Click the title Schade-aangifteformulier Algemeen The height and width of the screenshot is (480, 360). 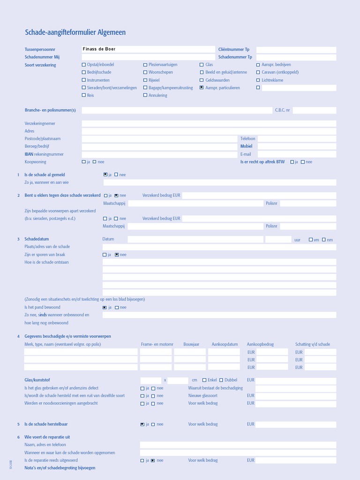(75, 32)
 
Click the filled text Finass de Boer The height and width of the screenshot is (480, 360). (99, 49)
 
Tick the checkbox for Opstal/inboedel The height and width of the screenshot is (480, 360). (84, 65)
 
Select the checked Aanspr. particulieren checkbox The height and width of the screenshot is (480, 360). (202, 88)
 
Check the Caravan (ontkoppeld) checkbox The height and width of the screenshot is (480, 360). (258, 72)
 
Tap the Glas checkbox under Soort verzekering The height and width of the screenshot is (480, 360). (202, 65)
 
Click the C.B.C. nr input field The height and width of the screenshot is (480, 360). (314, 110)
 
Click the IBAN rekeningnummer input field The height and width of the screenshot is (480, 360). (159, 154)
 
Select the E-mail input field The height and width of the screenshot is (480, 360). (296, 154)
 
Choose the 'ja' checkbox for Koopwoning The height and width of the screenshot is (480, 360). (84, 162)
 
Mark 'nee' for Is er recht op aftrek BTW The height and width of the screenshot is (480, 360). (303, 162)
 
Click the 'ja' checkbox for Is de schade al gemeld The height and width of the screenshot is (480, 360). (105, 174)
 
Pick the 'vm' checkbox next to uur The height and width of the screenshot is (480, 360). (311, 240)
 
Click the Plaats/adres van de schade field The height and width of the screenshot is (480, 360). (219, 247)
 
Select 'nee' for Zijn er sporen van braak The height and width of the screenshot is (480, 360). (117, 255)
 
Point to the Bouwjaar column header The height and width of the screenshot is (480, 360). (191, 344)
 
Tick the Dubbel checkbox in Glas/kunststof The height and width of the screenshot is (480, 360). (221, 380)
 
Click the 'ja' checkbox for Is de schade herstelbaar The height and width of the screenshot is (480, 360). (142, 424)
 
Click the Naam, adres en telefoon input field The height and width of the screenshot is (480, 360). (238, 445)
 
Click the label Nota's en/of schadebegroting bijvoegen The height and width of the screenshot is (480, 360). (60, 468)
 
